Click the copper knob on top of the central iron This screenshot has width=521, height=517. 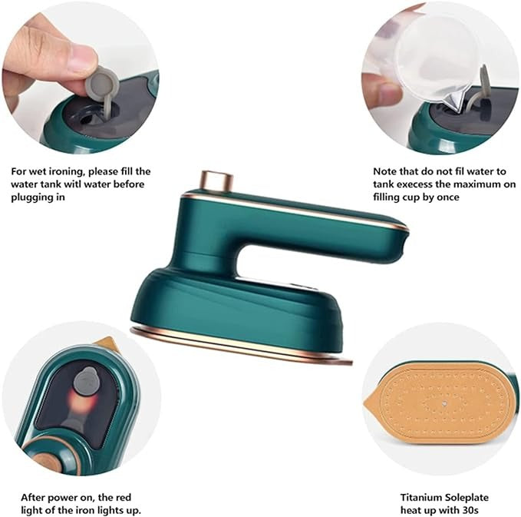217,181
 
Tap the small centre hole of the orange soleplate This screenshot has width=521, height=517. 444,402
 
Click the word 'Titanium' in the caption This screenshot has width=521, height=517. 420,496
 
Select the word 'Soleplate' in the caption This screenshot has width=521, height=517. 468,496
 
